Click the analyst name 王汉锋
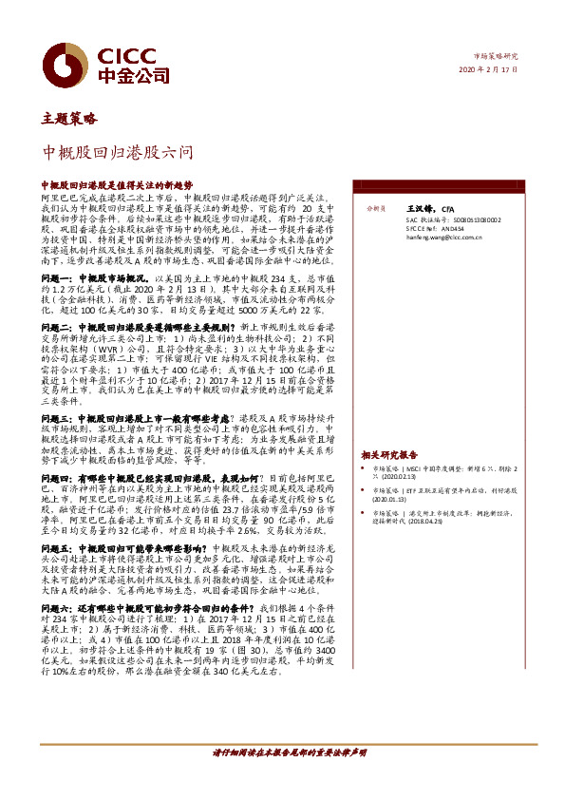point(419,207)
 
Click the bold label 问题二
point(56,326)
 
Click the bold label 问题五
point(56,549)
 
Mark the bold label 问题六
point(56,605)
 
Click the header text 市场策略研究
point(497,56)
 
